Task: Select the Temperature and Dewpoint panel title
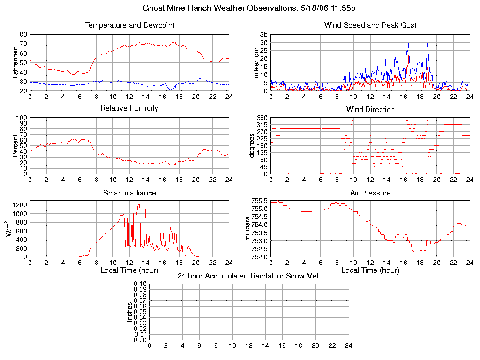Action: (x=129, y=25)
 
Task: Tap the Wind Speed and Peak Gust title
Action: (x=370, y=25)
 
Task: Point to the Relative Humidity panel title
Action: (x=129, y=108)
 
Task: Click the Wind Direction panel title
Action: (x=370, y=110)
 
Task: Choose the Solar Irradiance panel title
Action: (x=129, y=193)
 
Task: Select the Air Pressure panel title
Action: (x=370, y=193)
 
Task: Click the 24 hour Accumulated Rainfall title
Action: (x=249, y=276)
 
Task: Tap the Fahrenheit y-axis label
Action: (x=15, y=62)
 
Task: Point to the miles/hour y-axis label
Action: (x=256, y=62)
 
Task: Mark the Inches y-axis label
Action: (x=130, y=312)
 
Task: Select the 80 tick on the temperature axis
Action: (x=23, y=35)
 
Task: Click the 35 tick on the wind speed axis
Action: (x=263, y=35)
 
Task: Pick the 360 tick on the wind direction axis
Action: (x=262, y=118)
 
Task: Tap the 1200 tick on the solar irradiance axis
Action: (x=20, y=205)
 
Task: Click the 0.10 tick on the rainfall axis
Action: (x=140, y=284)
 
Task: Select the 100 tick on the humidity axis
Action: (x=22, y=118)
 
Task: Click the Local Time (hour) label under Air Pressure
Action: (x=370, y=270)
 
